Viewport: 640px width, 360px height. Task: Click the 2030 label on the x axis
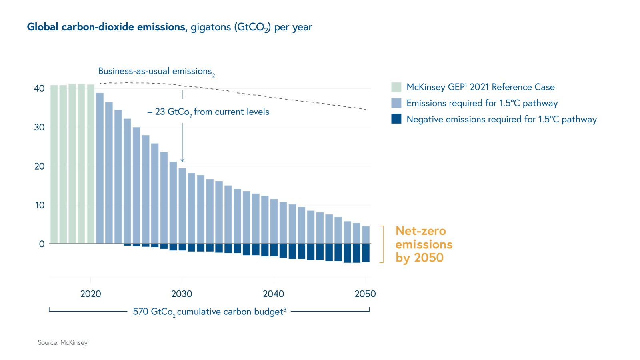point(182,294)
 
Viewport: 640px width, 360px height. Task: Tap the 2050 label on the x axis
point(365,294)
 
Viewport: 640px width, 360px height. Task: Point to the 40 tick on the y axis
point(39,88)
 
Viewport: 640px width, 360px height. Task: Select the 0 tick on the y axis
point(42,244)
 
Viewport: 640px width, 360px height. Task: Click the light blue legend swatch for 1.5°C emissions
point(396,103)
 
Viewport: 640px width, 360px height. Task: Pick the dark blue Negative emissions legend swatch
point(396,119)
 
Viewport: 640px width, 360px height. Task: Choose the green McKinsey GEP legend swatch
point(396,87)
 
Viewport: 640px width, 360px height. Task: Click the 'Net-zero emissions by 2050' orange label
point(424,244)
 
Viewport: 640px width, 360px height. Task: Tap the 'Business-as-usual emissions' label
point(156,72)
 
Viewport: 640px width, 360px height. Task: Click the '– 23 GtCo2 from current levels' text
point(208,112)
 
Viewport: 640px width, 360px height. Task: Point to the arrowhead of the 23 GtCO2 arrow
point(182,160)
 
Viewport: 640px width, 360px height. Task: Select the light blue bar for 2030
point(182,206)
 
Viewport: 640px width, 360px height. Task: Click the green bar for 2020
point(91,164)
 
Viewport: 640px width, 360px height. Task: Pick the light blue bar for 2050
point(366,235)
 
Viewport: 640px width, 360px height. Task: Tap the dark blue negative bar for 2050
point(366,253)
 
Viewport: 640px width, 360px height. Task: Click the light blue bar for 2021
point(100,168)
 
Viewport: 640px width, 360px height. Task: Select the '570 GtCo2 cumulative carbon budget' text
point(209,312)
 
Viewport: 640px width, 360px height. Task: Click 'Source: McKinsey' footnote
point(63,343)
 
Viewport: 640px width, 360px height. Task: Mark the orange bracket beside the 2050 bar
point(382,244)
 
